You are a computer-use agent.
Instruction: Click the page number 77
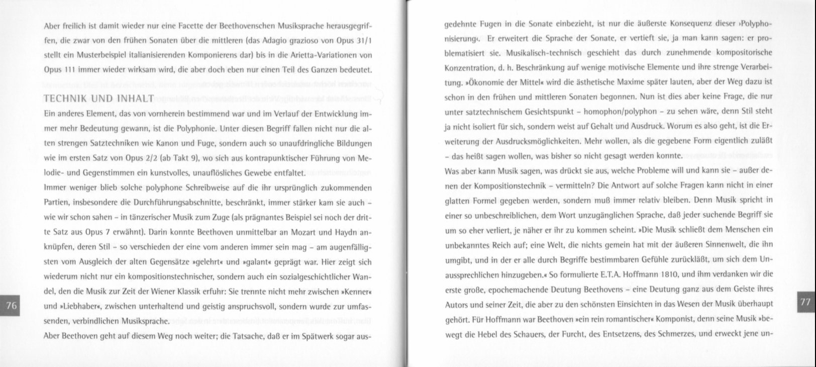click(805, 301)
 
